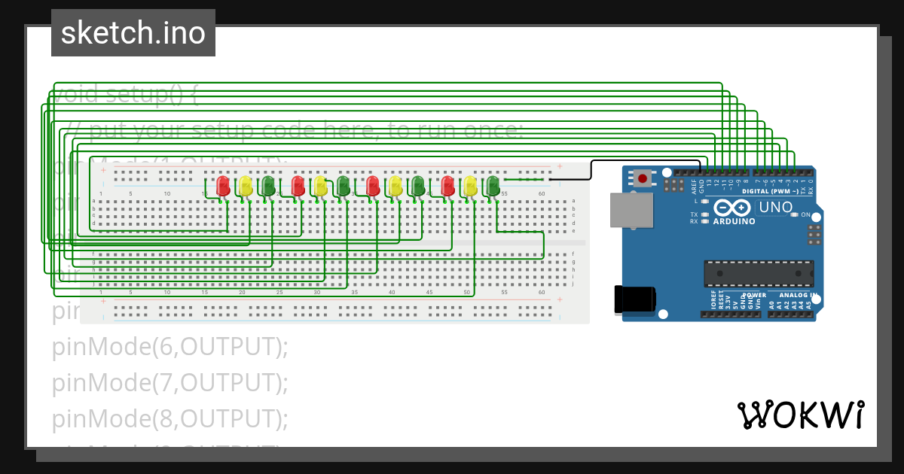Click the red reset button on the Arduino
pyautogui.click(x=642, y=178)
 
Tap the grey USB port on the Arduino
pyautogui.click(x=631, y=210)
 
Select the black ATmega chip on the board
pyautogui.click(x=759, y=273)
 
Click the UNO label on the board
pyautogui.click(x=775, y=207)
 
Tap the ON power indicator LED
pyautogui.click(x=795, y=215)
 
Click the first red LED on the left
pyautogui.click(x=223, y=185)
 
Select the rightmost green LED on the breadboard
pyautogui.click(x=493, y=185)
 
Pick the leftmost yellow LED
pyautogui.click(x=246, y=185)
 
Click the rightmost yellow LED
pyautogui.click(x=471, y=185)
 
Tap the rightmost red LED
pyautogui.click(x=448, y=185)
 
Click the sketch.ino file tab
pyautogui.click(x=133, y=33)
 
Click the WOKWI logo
pyautogui.click(x=799, y=415)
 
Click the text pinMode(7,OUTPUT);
pyautogui.click(x=170, y=382)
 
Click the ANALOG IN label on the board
pyautogui.click(x=798, y=295)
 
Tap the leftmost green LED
pyautogui.click(x=267, y=185)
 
